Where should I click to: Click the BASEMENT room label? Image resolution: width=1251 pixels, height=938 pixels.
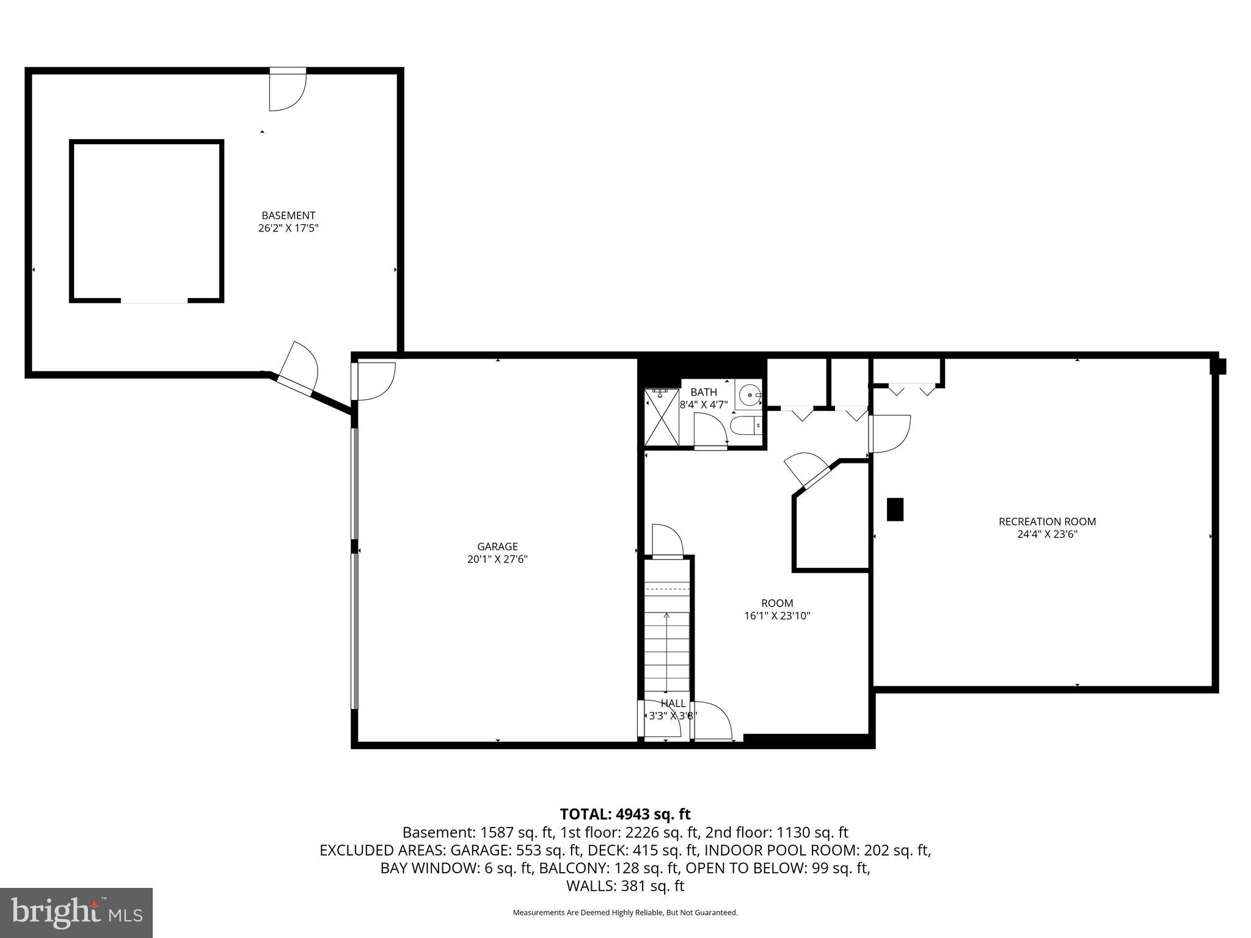(288, 216)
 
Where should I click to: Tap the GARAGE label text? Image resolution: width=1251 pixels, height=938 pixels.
(497, 547)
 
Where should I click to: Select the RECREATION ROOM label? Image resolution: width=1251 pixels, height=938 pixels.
(1047, 522)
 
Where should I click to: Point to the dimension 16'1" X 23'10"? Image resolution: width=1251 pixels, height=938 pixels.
(777, 616)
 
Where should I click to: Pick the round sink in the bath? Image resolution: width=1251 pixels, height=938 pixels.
(748, 395)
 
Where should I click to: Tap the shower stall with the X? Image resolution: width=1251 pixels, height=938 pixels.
(662, 418)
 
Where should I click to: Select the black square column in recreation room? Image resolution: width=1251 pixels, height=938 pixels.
(895, 509)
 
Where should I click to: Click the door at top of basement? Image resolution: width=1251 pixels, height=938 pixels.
(287, 92)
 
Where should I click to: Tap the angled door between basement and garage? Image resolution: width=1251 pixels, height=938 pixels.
(298, 369)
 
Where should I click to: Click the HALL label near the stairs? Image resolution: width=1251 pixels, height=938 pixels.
(673, 703)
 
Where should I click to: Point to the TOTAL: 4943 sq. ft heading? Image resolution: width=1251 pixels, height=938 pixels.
(625, 814)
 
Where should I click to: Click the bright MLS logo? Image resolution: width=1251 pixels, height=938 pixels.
(76, 913)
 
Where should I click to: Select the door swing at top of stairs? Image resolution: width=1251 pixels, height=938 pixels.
(667, 541)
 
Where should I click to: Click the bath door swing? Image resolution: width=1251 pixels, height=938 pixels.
(710, 430)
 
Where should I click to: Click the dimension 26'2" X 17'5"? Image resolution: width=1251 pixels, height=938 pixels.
(288, 228)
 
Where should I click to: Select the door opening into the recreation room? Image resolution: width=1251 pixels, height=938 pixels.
(889, 434)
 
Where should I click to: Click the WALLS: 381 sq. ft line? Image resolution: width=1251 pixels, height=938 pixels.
(625, 885)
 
